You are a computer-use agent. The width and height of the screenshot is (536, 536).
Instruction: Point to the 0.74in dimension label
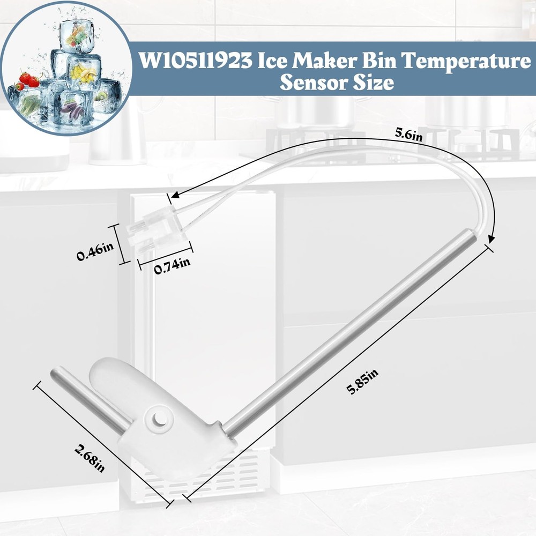[x=172, y=265]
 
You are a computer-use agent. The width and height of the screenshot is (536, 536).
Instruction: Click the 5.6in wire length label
[x=409, y=135]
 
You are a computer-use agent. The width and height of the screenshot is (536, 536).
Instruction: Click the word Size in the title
[x=374, y=83]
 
